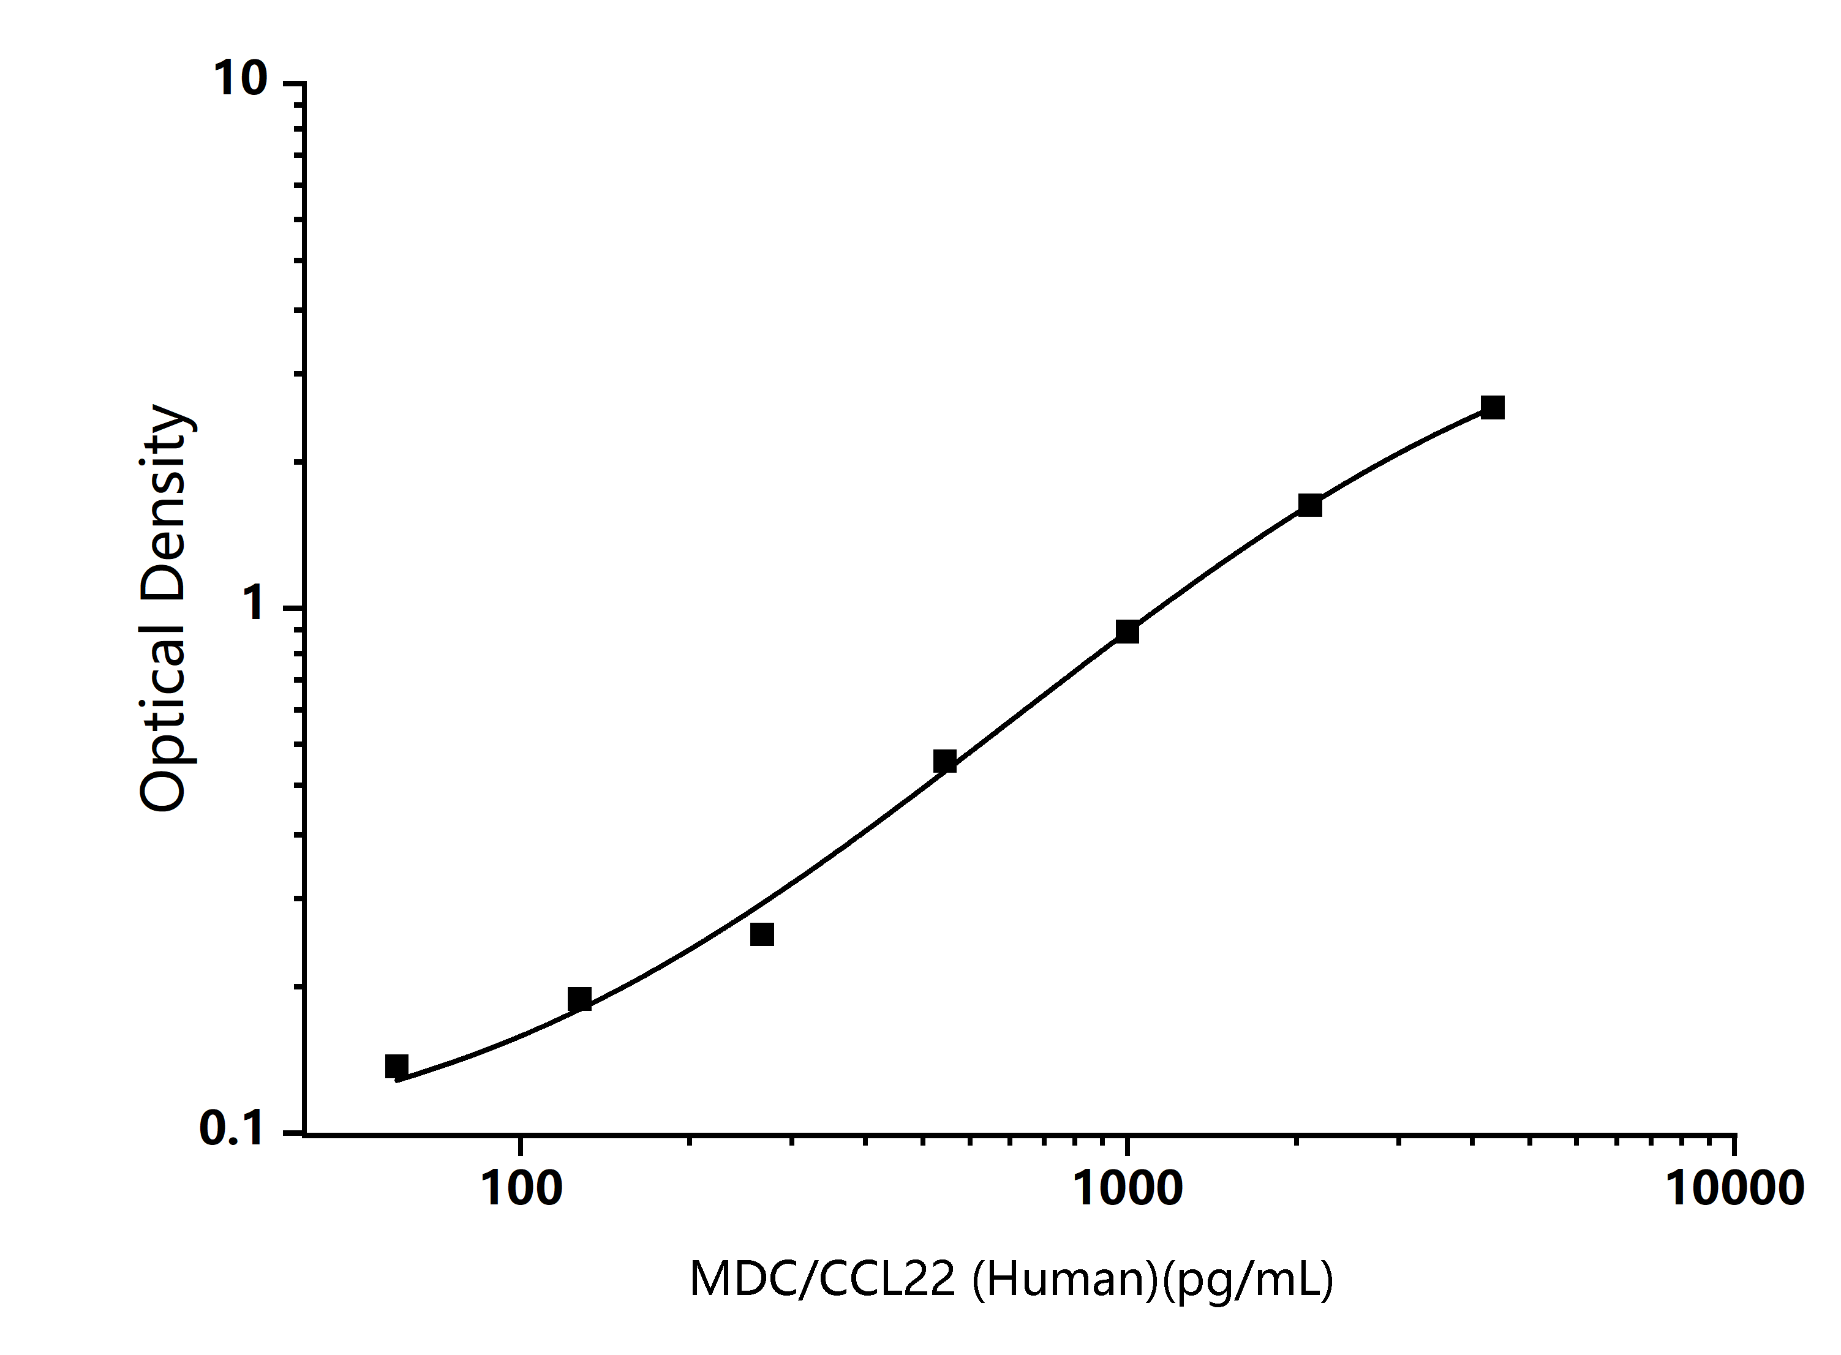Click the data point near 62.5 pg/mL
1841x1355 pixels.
tap(396, 1066)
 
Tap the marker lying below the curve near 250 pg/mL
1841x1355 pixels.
tap(762, 934)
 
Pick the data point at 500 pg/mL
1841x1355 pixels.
tap(944, 761)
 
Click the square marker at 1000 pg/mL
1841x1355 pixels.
tap(1128, 631)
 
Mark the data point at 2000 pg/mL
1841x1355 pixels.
tap(1310, 505)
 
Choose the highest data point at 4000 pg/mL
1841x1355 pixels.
tap(1493, 408)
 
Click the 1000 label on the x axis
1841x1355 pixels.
tap(1128, 1188)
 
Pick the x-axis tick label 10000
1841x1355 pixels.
tap(1734, 1188)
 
